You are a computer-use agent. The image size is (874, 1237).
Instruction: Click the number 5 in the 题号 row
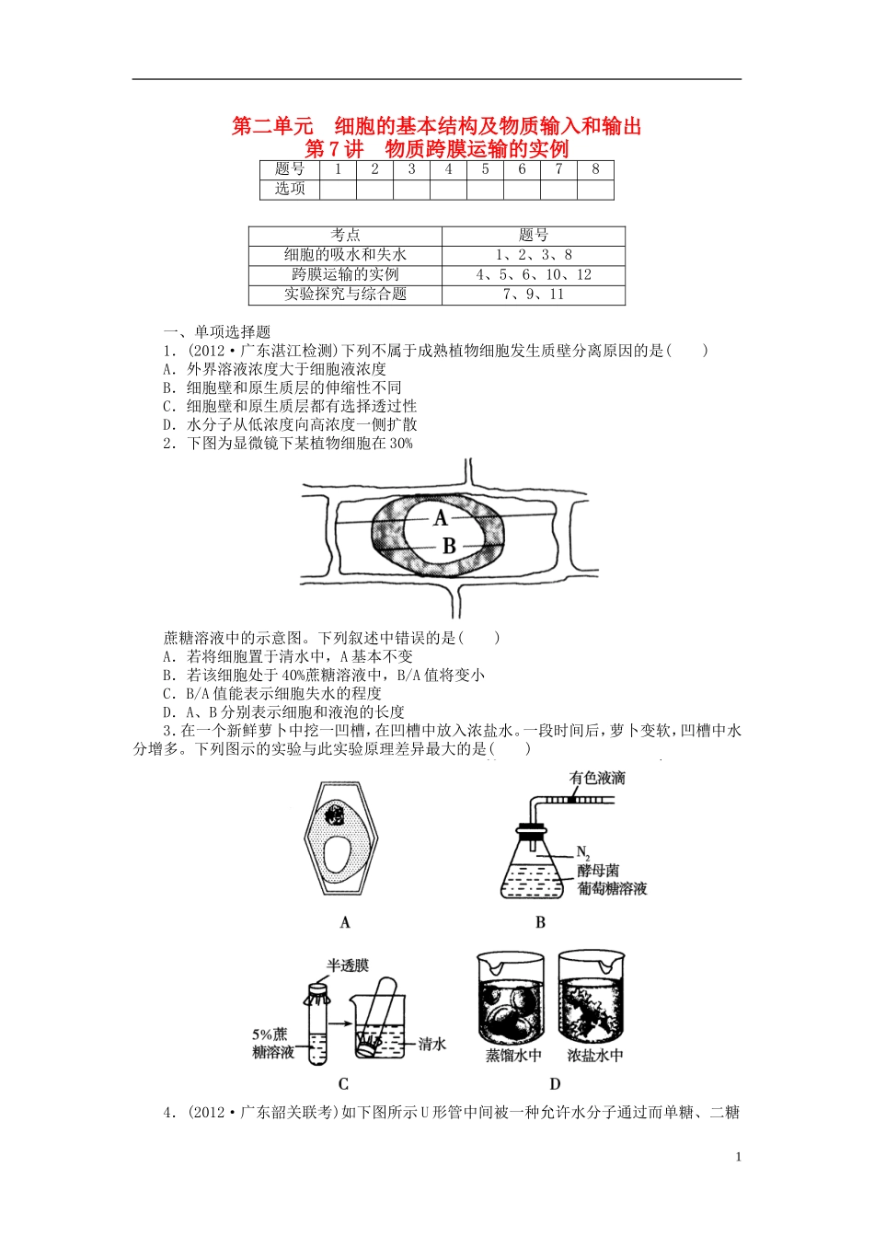(x=485, y=169)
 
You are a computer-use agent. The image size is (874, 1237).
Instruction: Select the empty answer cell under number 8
(x=595, y=189)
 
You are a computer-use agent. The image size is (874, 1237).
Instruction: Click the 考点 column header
(x=345, y=236)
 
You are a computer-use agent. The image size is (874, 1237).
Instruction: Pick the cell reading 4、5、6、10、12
(x=533, y=274)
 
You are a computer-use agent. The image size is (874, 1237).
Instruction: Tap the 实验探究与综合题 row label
(x=345, y=295)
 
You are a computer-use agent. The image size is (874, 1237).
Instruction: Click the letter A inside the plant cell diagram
(x=441, y=519)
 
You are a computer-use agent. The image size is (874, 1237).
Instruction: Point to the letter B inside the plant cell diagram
(x=449, y=547)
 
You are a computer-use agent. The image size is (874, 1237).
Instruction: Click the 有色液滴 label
(x=597, y=779)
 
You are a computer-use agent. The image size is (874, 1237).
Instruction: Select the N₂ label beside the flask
(x=583, y=852)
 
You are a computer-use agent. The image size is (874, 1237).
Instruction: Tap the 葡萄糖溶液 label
(x=612, y=889)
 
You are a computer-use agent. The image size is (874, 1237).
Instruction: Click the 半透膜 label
(x=348, y=965)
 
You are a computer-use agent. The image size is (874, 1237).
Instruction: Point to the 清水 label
(x=432, y=1044)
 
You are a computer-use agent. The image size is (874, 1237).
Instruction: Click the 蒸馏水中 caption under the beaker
(x=513, y=1056)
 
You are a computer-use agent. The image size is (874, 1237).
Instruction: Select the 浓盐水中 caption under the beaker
(x=595, y=1056)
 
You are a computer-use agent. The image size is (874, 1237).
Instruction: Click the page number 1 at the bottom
(x=738, y=1157)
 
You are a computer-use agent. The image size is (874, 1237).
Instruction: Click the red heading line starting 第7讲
(x=436, y=149)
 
